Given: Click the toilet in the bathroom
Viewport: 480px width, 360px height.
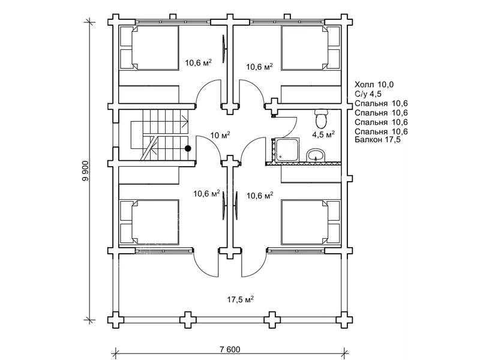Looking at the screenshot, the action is pyautogui.click(x=322, y=119).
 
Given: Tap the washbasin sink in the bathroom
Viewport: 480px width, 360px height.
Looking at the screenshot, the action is pyautogui.click(x=315, y=155).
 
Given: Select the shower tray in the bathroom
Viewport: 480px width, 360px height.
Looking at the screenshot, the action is pyautogui.click(x=287, y=149).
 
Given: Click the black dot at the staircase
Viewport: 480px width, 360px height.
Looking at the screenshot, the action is pyautogui.click(x=188, y=148).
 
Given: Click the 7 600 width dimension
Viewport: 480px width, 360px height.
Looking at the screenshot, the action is pyautogui.click(x=230, y=349).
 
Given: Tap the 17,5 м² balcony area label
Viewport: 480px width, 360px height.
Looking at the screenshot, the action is pyautogui.click(x=241, y=299).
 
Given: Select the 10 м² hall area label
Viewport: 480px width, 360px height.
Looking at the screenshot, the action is pyautogui.click(x=220, y=134).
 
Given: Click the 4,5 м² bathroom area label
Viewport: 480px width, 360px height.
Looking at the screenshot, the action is pyautogui.click(x=323, y=134).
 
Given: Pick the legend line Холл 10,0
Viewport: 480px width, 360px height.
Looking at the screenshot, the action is pyautogui.click(x=374, y=85).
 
